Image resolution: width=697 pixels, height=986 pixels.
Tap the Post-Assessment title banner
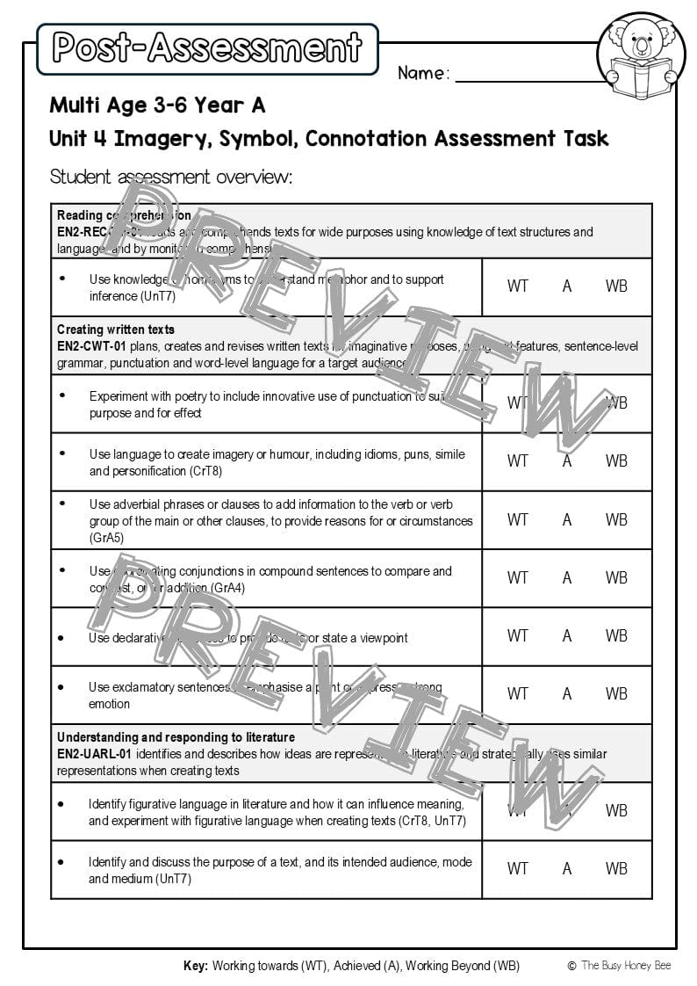207,48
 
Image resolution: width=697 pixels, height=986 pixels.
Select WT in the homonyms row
518,286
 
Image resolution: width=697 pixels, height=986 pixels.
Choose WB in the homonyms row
616,286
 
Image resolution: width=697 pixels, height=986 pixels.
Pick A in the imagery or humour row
567,460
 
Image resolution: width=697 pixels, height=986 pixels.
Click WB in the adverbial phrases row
616,519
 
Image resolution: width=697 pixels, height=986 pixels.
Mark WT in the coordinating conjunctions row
518,577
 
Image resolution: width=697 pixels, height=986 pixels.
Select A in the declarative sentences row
567,635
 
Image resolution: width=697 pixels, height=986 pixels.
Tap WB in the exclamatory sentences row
616,693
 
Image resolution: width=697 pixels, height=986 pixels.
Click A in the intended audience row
567,868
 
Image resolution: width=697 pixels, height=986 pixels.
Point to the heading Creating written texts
116,330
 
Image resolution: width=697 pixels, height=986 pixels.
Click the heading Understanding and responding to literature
176,737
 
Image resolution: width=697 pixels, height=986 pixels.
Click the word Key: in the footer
196,966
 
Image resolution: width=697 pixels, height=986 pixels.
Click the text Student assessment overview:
171,177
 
